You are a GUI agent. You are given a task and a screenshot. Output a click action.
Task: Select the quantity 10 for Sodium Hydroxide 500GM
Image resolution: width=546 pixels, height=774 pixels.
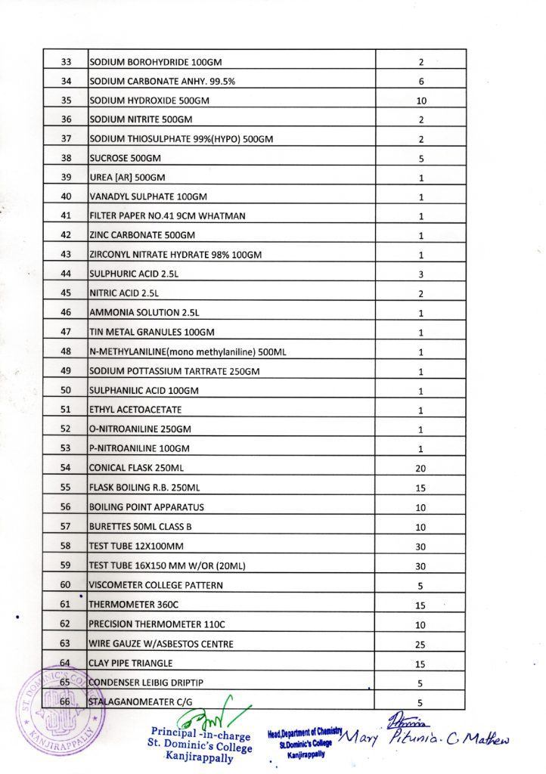(422, 101)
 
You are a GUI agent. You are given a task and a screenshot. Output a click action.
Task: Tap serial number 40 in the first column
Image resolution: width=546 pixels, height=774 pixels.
(65, 197)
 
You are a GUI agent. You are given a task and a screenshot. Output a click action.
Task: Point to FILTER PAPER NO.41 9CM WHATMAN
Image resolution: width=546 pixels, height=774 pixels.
(167, 216)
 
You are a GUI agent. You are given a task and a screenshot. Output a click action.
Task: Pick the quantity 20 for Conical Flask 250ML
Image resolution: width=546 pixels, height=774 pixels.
(421, 469)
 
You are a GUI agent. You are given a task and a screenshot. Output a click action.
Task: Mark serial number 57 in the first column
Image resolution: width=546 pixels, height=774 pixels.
(65, 526)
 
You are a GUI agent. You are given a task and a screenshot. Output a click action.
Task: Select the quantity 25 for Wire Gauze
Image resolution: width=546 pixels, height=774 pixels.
(421, 644)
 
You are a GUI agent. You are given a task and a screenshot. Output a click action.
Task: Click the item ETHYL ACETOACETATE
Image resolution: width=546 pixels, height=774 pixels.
(135, 410)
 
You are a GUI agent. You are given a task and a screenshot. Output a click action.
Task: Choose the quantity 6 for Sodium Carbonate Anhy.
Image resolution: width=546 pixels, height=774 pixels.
(421, 81)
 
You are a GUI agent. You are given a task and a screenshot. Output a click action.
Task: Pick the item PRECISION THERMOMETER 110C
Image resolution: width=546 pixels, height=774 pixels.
(156, 624)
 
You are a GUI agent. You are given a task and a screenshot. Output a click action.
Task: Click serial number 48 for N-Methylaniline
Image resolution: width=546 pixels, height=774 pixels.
(65, 351)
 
